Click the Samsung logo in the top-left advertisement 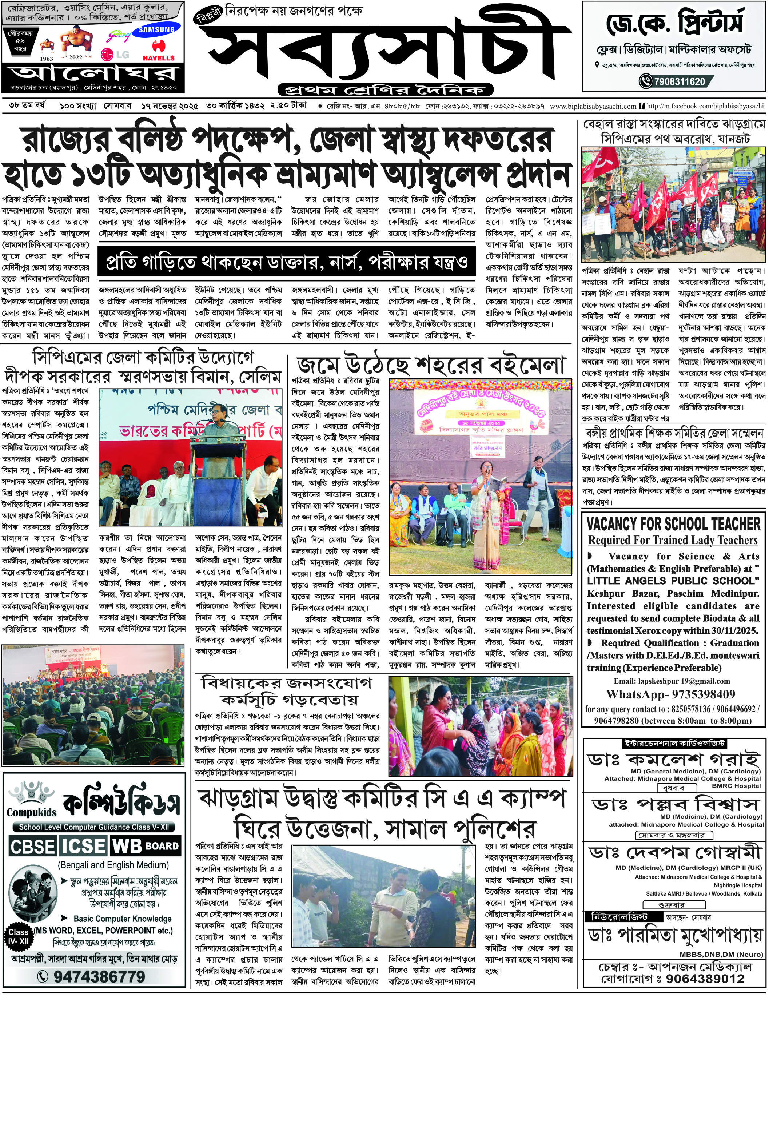click(x=156, y=30)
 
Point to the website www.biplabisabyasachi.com click(x=593, y=106)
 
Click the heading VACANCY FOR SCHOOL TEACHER click(x=673, y=524)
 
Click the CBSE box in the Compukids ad click(x=33, y=847)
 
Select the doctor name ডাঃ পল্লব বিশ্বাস click(x=675, y=804)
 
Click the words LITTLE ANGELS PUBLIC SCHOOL click(x=673, y=581)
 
